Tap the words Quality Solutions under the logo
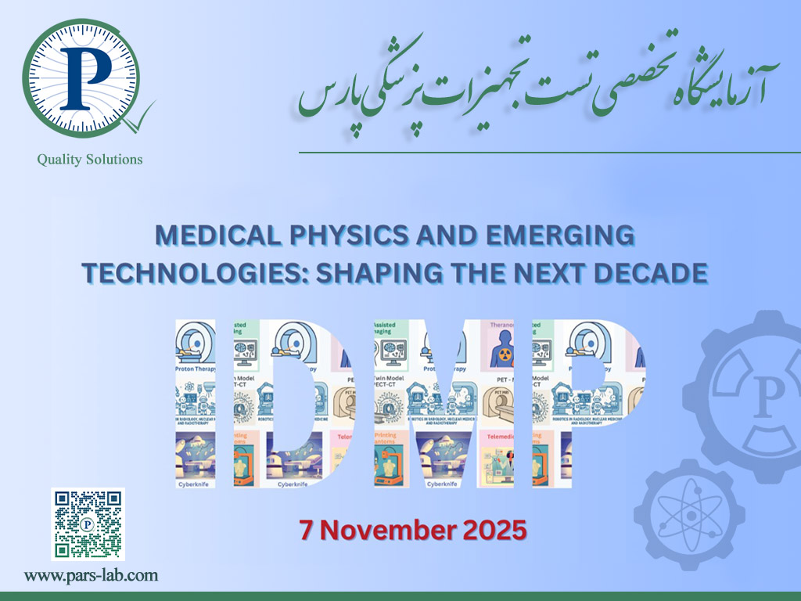pos(90,160)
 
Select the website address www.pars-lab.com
pos(91,576)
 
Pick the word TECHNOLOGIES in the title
pos(185,272)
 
